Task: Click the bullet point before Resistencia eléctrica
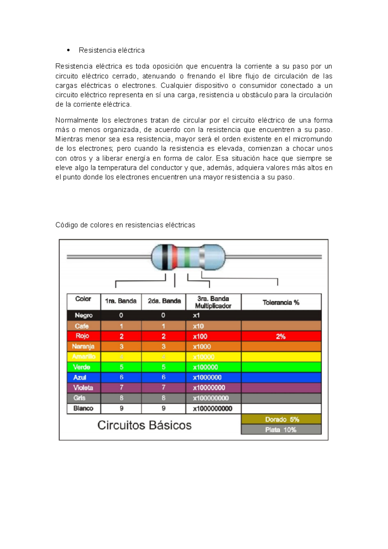[68, 50]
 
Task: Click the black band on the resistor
[165, 257]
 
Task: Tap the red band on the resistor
[175, 257]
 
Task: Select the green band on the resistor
[187, 257]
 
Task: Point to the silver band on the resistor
[202, 257]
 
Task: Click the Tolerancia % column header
[281, 302]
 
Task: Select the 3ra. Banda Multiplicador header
[213, 302]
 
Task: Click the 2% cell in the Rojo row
[281, 336]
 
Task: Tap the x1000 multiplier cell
[202, 347]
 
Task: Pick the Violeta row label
[83, 387]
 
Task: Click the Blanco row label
[83, 408]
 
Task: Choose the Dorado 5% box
[281, 419]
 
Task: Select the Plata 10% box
[281, 430]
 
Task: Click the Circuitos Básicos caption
[144, 425]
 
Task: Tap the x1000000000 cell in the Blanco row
[212, 408]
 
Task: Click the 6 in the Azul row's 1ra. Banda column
[122, 377]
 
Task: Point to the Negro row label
[83, 315]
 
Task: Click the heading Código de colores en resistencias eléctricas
[125, 225]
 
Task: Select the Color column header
[83, 299]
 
